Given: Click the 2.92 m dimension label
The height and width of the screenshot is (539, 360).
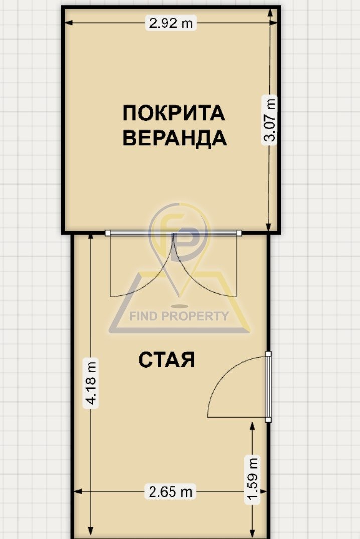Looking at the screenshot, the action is click(170, 23).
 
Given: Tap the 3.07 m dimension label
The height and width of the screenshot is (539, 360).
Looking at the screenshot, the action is click(269, 120).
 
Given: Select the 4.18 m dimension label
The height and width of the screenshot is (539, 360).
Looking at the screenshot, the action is click(91, 383).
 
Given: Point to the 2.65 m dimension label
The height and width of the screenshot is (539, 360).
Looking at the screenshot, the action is click(170, 491).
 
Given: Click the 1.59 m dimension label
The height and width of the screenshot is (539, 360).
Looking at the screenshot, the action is click(252, 480).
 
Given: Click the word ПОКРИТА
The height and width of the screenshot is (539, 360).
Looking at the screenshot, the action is click(174, 113).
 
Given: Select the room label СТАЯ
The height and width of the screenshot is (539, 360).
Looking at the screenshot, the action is click(166, 360).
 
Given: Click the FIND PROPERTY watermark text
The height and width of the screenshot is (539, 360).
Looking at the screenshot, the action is click(179, 316).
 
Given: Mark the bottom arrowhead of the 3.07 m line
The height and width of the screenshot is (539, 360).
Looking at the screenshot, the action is click(269, 228).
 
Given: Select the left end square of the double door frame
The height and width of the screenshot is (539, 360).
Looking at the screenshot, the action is click(107, 233).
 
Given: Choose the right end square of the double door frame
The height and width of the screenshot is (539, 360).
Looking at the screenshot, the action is click(239, 233).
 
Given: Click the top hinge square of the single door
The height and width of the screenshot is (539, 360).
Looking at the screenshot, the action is click(268, 354).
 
